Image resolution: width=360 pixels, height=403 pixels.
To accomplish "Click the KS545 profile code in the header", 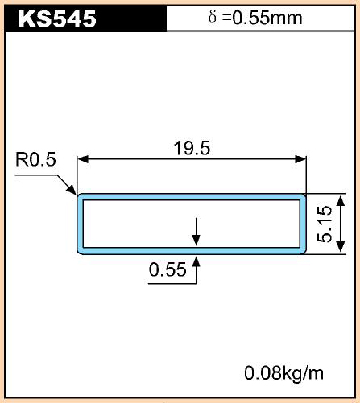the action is point(57,19).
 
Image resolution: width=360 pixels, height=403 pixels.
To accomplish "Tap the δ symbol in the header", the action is point(212,17).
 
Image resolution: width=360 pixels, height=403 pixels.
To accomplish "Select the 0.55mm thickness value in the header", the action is point(267,18).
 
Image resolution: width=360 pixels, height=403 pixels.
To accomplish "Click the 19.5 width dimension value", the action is point(192,148).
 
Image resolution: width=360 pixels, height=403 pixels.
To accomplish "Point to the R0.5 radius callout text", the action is point(35,159).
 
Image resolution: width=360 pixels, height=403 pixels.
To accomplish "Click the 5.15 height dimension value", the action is point(325,224).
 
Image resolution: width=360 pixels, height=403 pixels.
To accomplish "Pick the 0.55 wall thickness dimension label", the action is point(168,269).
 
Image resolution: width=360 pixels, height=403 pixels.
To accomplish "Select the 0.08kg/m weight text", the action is point(283,373).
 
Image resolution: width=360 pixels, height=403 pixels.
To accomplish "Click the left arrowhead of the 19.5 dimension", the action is point(83,159).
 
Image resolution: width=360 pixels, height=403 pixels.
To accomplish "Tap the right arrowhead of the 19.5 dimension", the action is point(300,159).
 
